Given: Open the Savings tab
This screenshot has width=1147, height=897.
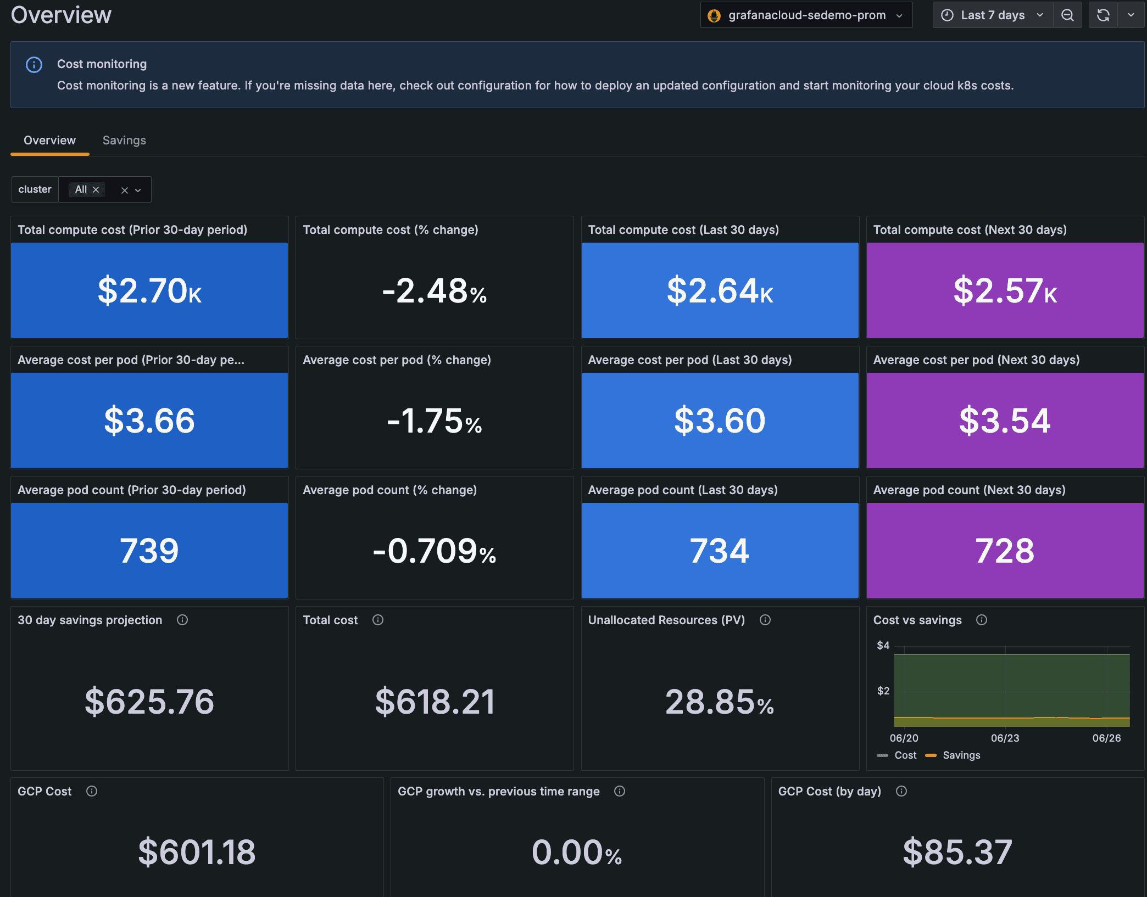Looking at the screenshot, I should (124, 141).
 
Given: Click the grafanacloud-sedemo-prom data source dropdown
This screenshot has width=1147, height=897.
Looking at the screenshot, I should (806, 15).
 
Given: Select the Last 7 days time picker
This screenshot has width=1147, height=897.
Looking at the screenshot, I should (992, 15).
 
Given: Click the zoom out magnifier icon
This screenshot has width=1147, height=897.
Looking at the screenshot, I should (1067, 15).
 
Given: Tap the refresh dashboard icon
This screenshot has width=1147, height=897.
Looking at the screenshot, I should (1103, 15).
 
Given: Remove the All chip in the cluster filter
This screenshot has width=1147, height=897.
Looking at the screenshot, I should (96, 190).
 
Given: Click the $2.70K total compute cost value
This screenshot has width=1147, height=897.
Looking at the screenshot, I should (149, 291).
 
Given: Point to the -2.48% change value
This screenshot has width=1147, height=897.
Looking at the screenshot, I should (434, 291).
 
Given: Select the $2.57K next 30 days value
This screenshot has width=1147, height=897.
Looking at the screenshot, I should (1005, 291).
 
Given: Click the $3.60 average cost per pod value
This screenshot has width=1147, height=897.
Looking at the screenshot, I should (720, 421).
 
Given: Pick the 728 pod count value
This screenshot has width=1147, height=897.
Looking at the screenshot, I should (1005, 551).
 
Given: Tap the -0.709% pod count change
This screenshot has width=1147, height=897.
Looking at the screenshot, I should (434, 551).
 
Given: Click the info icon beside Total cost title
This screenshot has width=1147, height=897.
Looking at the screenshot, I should (378, 620).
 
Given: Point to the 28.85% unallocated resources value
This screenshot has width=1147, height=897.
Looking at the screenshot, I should (720, 702).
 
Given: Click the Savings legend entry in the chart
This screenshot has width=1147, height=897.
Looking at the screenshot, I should (961, 755).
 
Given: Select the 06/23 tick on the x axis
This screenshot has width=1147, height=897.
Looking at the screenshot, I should (1005, 738).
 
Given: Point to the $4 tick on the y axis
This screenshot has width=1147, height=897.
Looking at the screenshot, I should (883, 646).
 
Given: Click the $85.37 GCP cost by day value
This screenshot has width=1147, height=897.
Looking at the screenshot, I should (957, 853).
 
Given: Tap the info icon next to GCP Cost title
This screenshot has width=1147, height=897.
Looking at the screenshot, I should (92, 792).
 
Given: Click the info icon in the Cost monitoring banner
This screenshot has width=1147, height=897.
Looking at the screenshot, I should (34, 65).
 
